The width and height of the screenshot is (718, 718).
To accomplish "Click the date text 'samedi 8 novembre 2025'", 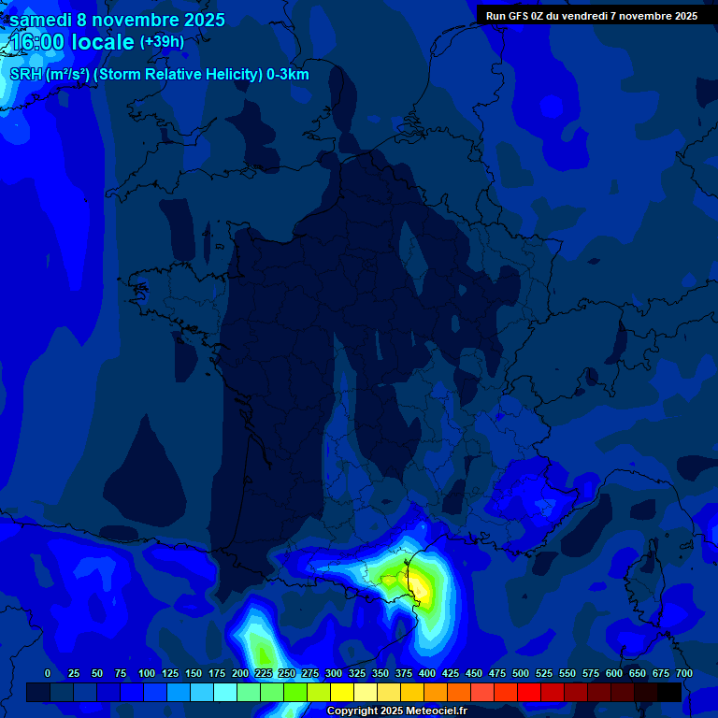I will [x=117, y=20].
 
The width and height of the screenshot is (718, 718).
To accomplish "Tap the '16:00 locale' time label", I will [x=72, y=42].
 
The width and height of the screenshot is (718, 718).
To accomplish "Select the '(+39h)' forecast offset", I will [x=162, y=42].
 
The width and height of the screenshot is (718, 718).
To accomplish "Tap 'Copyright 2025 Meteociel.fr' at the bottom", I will [x=396, y=711].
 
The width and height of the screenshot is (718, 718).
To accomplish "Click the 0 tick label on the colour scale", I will [x=48, y=674].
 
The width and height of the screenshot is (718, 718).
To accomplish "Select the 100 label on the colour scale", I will [x=147, y=674].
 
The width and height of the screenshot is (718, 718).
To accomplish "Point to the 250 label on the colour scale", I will [x=287, y=674].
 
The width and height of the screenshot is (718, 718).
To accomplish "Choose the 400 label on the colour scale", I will [x=427, y=674].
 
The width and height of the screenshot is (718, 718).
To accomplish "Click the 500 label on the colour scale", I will [x=521, y=674].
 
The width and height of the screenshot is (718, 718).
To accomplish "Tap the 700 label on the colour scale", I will [x=683, y=674].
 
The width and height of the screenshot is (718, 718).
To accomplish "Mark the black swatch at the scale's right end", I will [x=669, y=692].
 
